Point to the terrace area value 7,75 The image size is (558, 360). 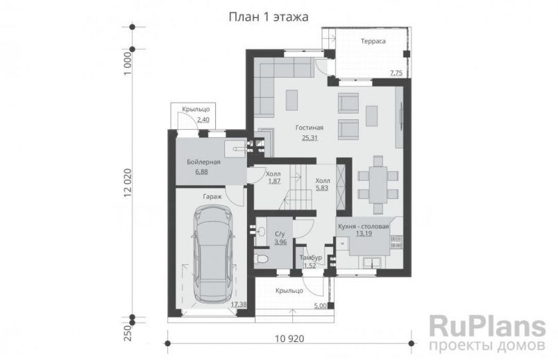[396, 73]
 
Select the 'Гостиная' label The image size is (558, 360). [309, 128]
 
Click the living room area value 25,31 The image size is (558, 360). [309, 137]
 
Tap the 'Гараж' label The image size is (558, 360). [212, 197]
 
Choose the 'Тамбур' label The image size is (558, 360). [310, 258]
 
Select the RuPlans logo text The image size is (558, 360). [483, 326]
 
